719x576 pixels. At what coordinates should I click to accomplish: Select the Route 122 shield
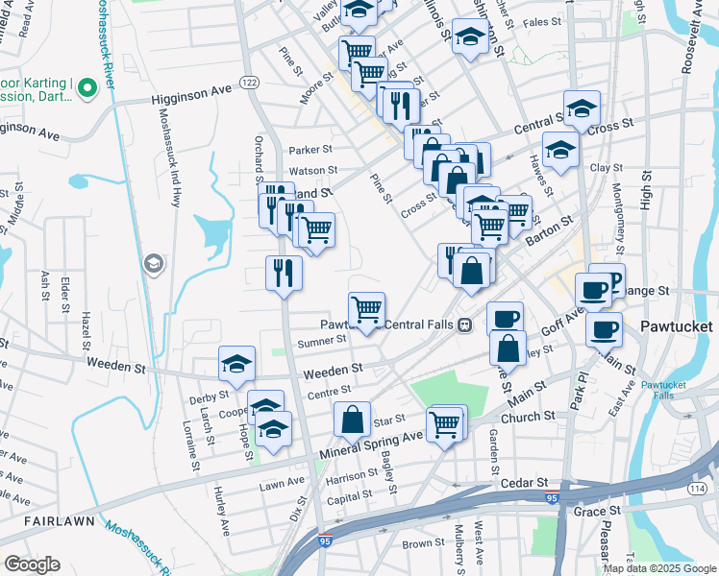point(249,83)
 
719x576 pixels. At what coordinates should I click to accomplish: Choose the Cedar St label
point(528,482)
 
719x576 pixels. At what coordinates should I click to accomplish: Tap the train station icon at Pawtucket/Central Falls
point(464,324)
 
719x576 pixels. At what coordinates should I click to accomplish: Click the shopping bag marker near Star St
point(353,420)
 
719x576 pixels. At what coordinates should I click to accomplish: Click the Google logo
point(32,564)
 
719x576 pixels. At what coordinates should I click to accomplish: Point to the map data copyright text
point(659,568)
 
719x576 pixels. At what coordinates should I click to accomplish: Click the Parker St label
point(310,149)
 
